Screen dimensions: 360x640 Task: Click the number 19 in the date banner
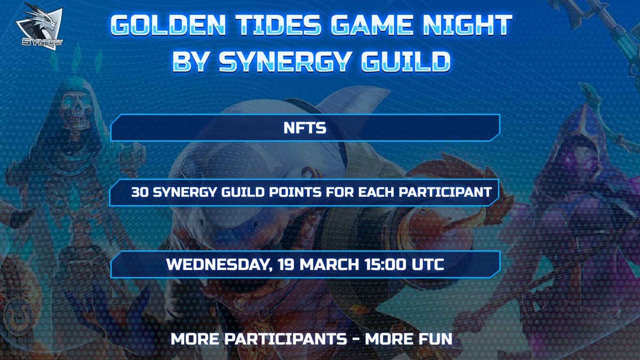tap(292, 265)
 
